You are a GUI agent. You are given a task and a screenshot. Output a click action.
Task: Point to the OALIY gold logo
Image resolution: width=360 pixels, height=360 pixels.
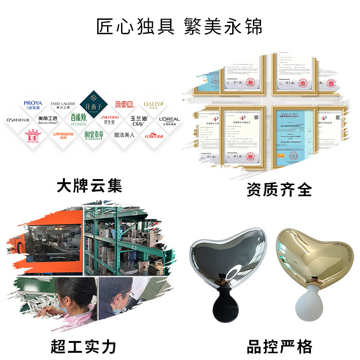click(x=153, y=105)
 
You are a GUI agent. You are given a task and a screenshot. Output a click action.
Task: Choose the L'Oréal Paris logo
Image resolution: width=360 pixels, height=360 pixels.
click(x=169, y=121)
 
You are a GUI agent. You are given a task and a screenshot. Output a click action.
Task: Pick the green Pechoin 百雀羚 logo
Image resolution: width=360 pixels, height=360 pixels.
click(x=78, y=120)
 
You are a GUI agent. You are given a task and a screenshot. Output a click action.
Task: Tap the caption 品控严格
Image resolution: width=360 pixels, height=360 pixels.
click(x=279, y=346)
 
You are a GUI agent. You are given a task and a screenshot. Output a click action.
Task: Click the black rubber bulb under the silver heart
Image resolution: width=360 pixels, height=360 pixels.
click(x=224, y=301)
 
